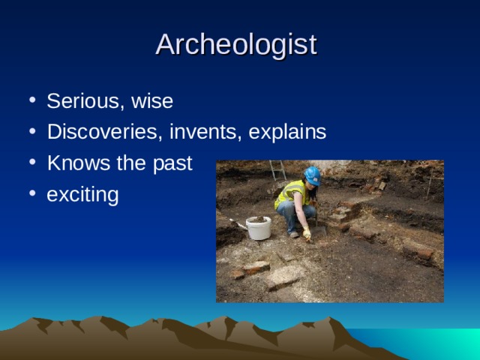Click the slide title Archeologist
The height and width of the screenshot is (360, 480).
click(x=236, y=44)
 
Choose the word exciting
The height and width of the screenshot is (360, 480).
click(x=82, y=196)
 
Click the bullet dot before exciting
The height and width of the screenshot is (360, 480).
click(x=31, y=196)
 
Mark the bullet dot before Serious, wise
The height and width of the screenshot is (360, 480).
click(x=31, y=101)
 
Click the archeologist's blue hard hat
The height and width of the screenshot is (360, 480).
click(x=313, y=175)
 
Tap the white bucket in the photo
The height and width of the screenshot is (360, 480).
click(x=259, y=228)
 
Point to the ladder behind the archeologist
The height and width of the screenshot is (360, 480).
click(x=277, y=171)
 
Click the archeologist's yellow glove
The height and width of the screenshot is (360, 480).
click(x=307, y=233)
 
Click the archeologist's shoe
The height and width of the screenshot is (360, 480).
click(x=293, y=233)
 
